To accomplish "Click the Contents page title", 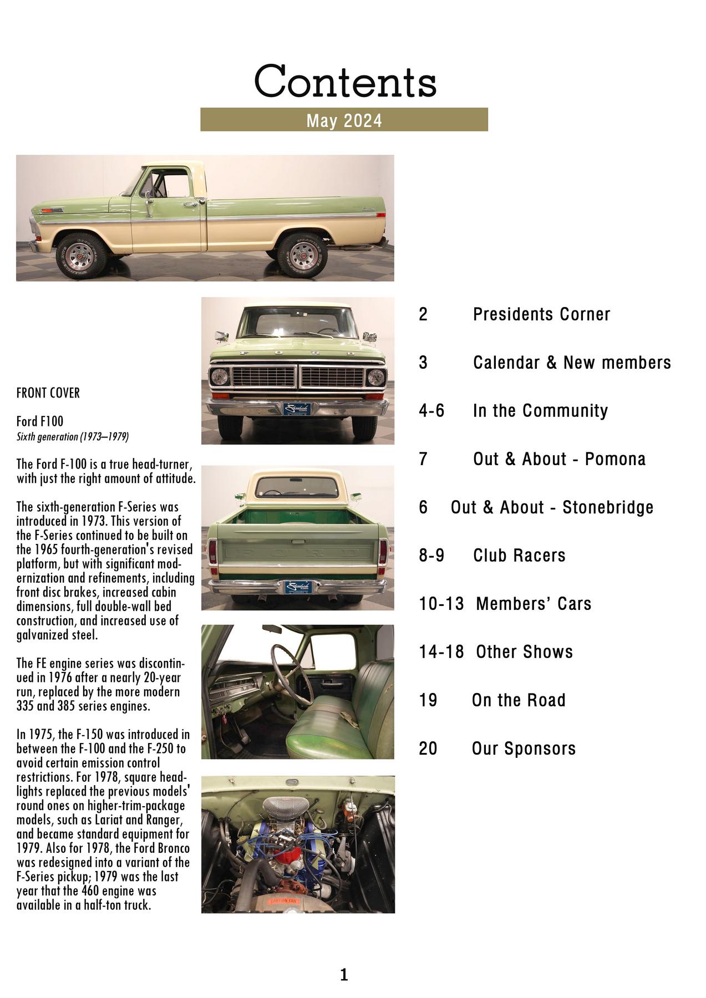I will pos(345,82).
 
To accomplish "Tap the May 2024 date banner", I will pos(344,120).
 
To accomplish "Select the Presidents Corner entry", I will pos(541,314).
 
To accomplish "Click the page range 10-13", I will pos(441,603).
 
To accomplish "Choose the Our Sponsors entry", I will pos(524,748).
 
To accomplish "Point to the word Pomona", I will pos(615,459).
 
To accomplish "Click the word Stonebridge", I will pos(608,507).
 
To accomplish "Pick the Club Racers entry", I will pos(519,555).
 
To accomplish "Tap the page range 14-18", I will pos(441,651).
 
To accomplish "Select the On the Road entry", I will pos(519,700).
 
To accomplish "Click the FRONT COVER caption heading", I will pos(48,393).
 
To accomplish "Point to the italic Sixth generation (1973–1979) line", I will pos(73,437).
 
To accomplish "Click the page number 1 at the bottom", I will pos(344,975).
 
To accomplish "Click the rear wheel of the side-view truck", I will pos(303,257).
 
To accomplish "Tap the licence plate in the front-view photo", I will pos(297,409).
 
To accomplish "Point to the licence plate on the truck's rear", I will pos(298,587).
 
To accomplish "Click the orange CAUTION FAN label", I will pos(284,900).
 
